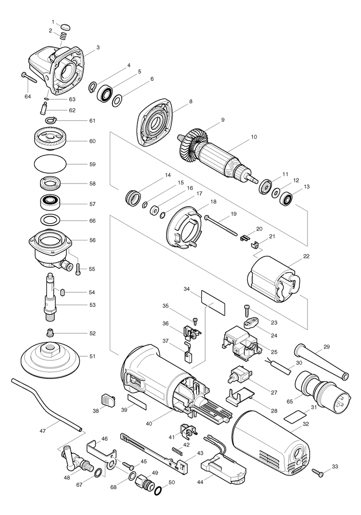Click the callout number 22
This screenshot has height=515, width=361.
[x=306, y=256]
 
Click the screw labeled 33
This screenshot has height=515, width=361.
[x=317, y=472]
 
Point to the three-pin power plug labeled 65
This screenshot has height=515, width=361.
[x=322, y=389]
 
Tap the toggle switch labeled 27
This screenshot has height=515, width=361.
[x=240, y=375]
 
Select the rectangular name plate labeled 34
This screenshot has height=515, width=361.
[x=213, y=303]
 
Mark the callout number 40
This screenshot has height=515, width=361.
[x=149, y=423]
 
